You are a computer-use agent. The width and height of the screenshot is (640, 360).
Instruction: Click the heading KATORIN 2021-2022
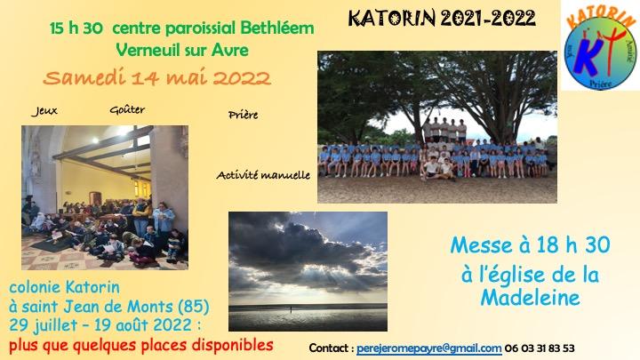click(442, 19)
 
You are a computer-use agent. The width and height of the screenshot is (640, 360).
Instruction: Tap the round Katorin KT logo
click(600, 51)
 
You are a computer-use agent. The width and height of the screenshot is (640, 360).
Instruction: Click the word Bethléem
click(277, 28)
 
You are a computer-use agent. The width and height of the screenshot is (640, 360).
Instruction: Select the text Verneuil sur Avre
click(182, 50)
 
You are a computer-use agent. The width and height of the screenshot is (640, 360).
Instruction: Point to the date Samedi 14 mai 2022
click(157, 77)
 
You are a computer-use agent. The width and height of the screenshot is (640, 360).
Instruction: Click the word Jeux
click(44, 111)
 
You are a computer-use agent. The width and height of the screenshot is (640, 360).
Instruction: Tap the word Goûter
click(127, 109)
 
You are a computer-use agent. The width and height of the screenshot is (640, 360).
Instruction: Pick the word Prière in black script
click(244, 115)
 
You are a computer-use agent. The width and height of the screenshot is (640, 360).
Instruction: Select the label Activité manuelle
click(263, 175)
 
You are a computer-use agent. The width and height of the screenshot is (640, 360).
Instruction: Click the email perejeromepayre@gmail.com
click(429, 348)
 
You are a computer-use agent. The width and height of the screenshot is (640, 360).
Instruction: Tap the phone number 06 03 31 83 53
click(540, 348)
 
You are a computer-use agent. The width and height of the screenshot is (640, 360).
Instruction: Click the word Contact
click(329, 348)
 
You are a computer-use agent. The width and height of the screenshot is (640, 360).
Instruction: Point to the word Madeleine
click(530, 298)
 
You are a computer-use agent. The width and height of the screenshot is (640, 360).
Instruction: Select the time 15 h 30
click(76, 28)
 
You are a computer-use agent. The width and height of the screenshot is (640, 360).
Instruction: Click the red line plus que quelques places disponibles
click(141, 345)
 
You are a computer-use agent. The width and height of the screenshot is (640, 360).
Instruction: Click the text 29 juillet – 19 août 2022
click(100, 325)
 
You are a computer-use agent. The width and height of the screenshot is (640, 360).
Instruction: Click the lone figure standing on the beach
click(292, 309)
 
